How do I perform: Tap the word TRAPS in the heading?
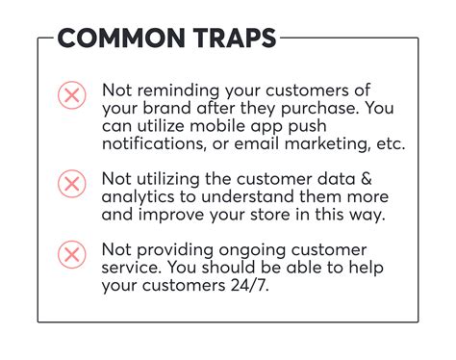pos(231,39)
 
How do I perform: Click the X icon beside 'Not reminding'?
pos(71,94)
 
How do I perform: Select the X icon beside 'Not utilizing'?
pos(71,183)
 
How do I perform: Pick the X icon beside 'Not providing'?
pos(71,254)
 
